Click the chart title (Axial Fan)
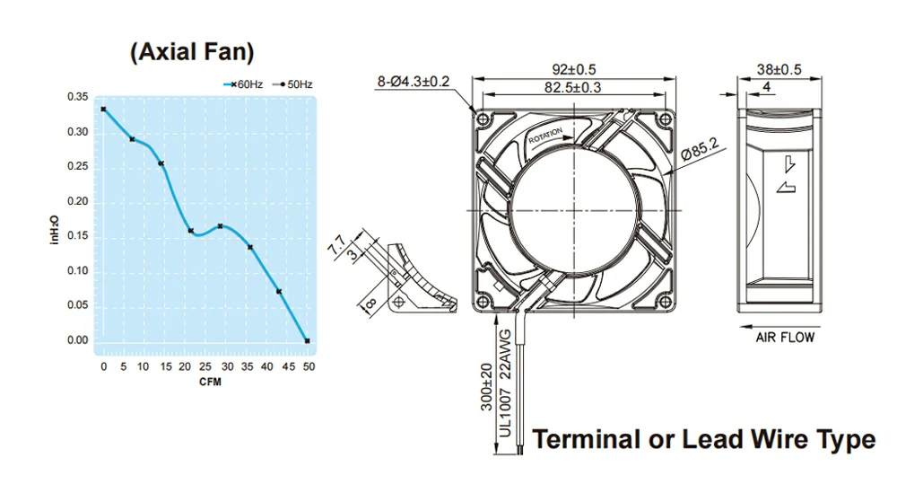[192, 52]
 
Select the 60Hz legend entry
[243, 84]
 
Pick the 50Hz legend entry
[293, 84]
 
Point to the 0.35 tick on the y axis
[78, 97]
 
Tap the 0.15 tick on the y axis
[78, 236]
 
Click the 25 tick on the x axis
[205, 366]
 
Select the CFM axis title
[210, 382]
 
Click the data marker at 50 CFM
[308, 341]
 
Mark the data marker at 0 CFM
[103, 109]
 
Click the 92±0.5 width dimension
[574, 69]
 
